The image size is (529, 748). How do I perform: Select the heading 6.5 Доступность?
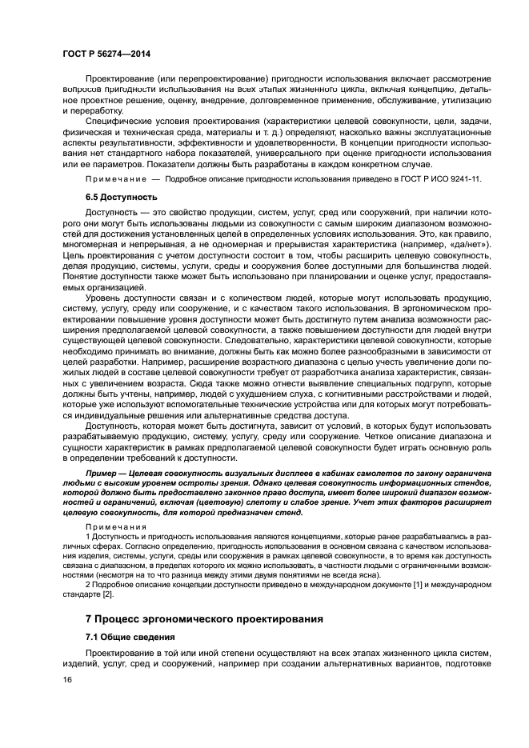[x=121, y=196]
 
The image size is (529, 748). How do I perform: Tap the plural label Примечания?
[x=115, y=527]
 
